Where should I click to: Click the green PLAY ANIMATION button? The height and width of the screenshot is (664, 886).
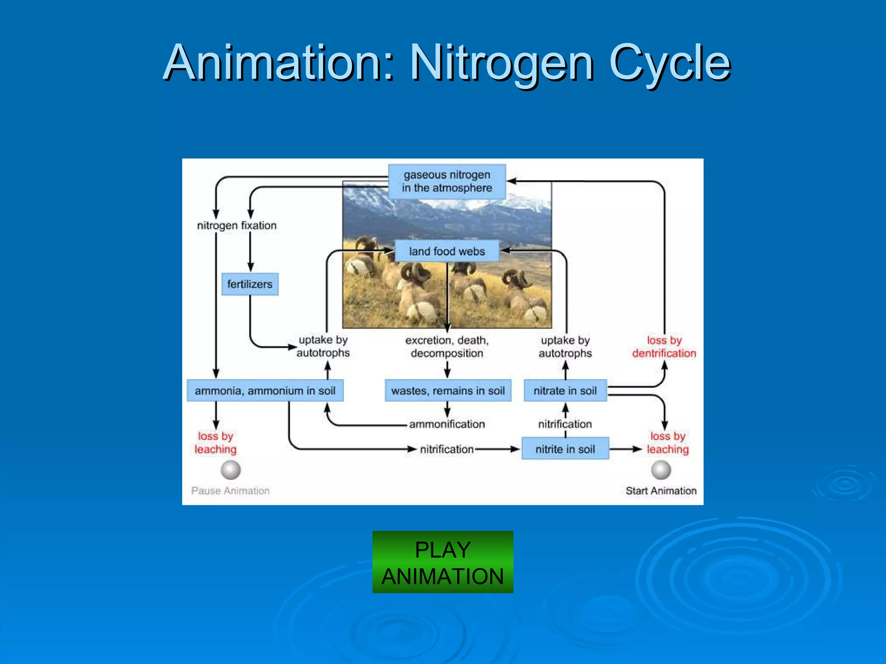pyautogui.click(x=443, y=562)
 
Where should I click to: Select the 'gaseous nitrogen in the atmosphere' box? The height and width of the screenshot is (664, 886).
pyautogui.click(x=447, y=182)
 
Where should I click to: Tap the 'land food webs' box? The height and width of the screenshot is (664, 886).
pyautogui.click(x=447, y=251)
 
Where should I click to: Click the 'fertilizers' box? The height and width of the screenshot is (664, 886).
pyautogui.click(x=250, y=284)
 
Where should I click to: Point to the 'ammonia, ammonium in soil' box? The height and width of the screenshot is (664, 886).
pyautogui.click(x=265, y=391)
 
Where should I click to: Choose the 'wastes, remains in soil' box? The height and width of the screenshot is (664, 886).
pyautogui.click(x=448, y=391)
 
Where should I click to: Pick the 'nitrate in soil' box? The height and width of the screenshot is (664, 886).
pyautogui.click(x=565, y=391)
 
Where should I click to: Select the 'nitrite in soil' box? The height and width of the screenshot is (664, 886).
pyautogui.click(x=565, y=449)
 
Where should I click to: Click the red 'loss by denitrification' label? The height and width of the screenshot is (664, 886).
pyautogui.click(x=664, y=347)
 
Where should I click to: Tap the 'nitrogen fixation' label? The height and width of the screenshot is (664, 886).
pyautogui.click(x=237, y=225)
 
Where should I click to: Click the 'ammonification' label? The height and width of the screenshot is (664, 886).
pyautogui.click(x=447, y=424)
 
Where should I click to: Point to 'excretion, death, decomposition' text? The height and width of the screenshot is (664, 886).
pyautogui.click(x=447, y=347)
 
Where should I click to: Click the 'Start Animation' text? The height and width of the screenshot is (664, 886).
pyautogui.click(x=661, y=491)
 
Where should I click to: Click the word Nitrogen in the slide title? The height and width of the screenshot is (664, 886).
pyautogui.click(x=502, y=63)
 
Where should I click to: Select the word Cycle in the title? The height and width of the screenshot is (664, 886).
pyautogui.click(x=670, y=63)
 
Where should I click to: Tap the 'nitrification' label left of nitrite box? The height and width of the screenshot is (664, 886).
pyautogui.click(x=447, y=449)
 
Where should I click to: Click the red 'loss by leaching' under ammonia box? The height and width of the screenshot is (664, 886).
pyautogui.click(x=215, y=443)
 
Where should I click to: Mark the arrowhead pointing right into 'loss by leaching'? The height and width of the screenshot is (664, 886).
pyautogui.click(x=637, y=449)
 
